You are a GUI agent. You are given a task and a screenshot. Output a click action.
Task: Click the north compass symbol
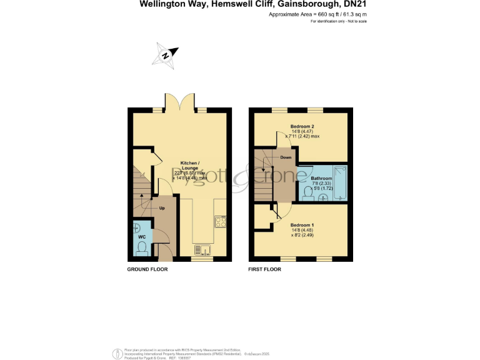166,54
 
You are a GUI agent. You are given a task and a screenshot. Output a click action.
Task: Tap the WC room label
141,237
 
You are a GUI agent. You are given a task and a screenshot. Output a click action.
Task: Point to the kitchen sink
201,251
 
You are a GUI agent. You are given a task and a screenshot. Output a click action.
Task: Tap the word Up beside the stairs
162,207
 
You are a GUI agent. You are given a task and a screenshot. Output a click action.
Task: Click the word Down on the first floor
286,157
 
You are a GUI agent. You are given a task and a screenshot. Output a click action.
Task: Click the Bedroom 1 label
302,224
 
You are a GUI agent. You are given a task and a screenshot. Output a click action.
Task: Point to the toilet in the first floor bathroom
307,195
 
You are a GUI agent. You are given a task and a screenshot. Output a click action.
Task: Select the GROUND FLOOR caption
147,269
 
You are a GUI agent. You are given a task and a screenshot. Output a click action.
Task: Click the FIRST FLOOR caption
264,269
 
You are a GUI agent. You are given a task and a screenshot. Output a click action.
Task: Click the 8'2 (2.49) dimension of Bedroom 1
302,235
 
